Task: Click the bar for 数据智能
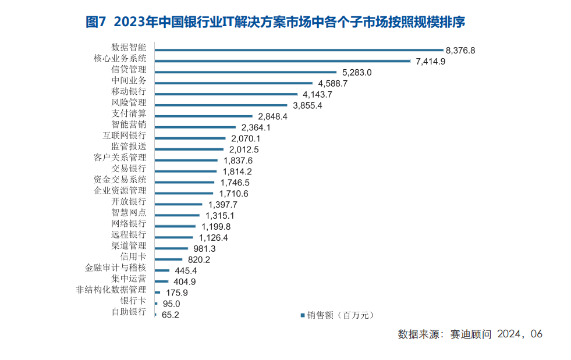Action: coord(299,50)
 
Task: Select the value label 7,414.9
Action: coord(430,61)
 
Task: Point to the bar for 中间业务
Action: coord(233,83)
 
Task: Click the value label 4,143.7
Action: coord(317,94)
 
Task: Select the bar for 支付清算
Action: coord(204,116)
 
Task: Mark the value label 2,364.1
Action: coord(256,127)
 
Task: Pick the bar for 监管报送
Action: coord(190,149)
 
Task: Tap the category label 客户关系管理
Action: coord(120,158)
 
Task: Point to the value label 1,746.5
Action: coord(234,182)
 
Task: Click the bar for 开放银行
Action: coord(179,204)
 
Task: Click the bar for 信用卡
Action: coord(169,259)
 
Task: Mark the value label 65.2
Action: coord(170,315)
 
